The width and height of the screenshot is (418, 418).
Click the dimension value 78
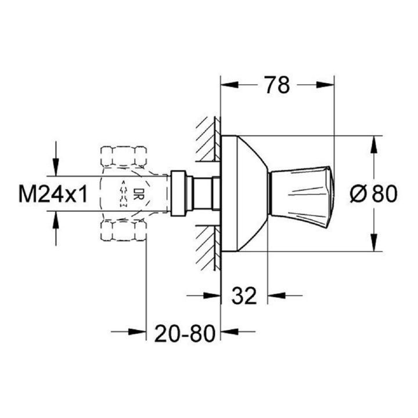[x=278, y=85]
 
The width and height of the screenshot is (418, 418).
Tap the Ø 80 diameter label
[x=373, y=194]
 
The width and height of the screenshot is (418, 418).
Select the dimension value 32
[x=244, y=296]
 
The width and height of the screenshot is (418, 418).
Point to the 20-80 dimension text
[x=185, y=333]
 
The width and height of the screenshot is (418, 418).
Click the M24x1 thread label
[x=53, y=194]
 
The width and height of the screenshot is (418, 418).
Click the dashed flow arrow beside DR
[x=124, y=193]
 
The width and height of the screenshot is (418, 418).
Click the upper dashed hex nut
[x=124, y=157]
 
